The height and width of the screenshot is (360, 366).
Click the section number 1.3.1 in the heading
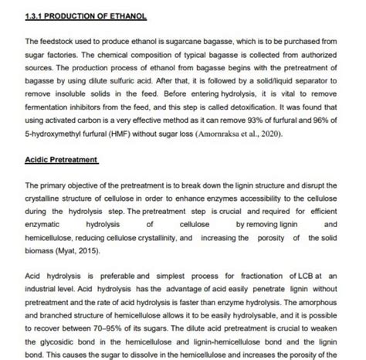pos(36,15)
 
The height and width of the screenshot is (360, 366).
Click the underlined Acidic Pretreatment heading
pos(62,160)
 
